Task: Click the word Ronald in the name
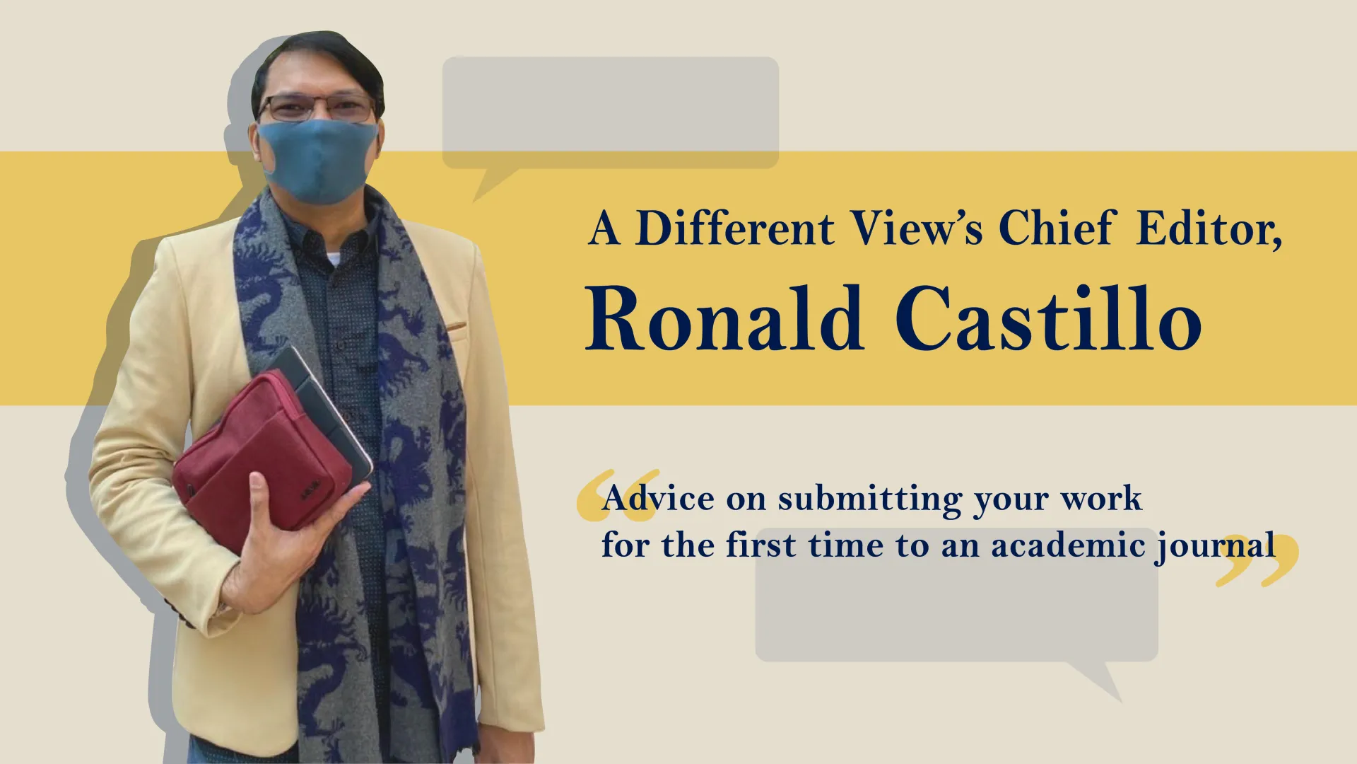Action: tap(725, 318)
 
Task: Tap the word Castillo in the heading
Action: tap(1049, 318)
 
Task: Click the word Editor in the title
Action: tap(1209, 229)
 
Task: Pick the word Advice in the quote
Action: tap(659, 498)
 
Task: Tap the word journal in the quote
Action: tap(1216, 547)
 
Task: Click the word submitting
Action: tap(870, 499)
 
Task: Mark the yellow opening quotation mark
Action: tap(616, 495)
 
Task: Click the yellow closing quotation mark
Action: tap(1257, 560)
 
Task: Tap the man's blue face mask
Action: tap(318, 161)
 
